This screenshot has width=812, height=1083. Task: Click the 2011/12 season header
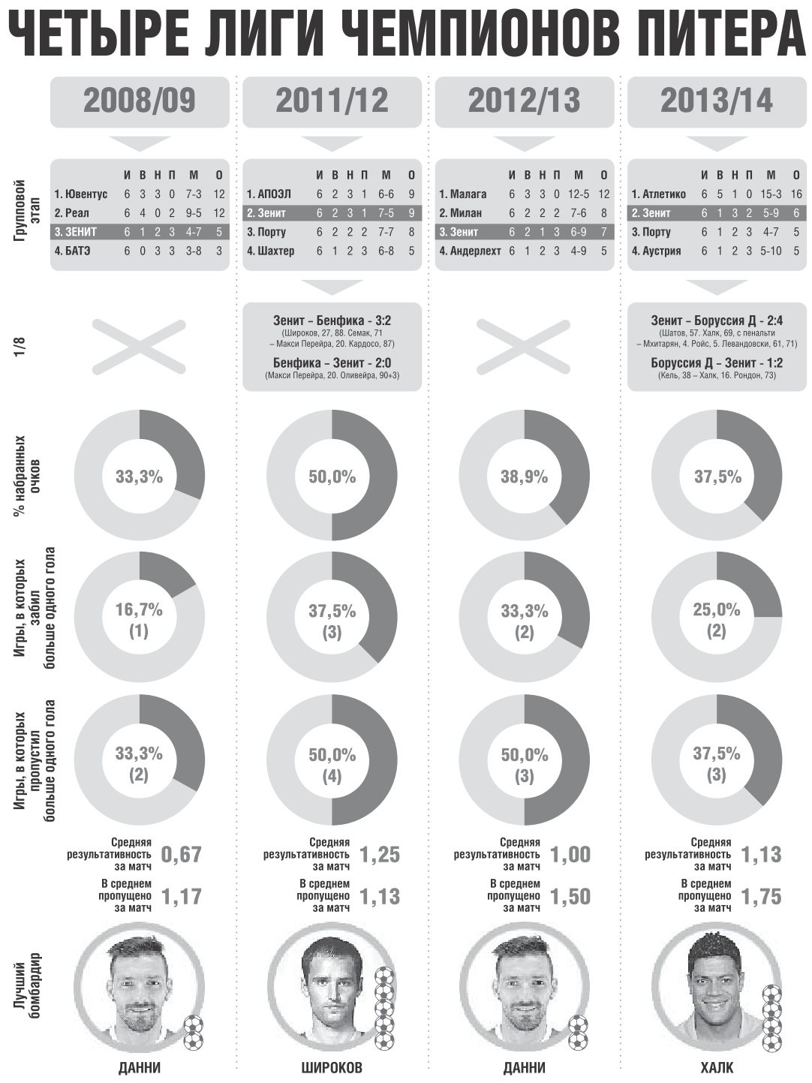click(332, 101)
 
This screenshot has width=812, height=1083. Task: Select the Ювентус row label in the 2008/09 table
click(81, 194)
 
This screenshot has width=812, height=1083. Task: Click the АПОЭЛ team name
click(266, 194)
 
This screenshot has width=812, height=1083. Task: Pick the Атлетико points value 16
click(775, 194)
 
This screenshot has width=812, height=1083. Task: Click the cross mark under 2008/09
click(140, 346)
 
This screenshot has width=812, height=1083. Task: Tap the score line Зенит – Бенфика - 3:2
click(332, 321)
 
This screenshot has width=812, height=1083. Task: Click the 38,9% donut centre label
click(524, 477)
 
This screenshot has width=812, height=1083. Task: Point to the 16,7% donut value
click(140, 610)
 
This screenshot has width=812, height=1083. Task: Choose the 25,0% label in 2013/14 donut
click(716, 610)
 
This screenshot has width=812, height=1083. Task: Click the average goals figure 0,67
click(182, 854)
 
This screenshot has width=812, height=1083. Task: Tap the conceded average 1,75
click(761, 896)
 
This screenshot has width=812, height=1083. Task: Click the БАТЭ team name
click(72, 251)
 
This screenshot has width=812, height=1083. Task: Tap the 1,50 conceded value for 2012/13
click(570, 896)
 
